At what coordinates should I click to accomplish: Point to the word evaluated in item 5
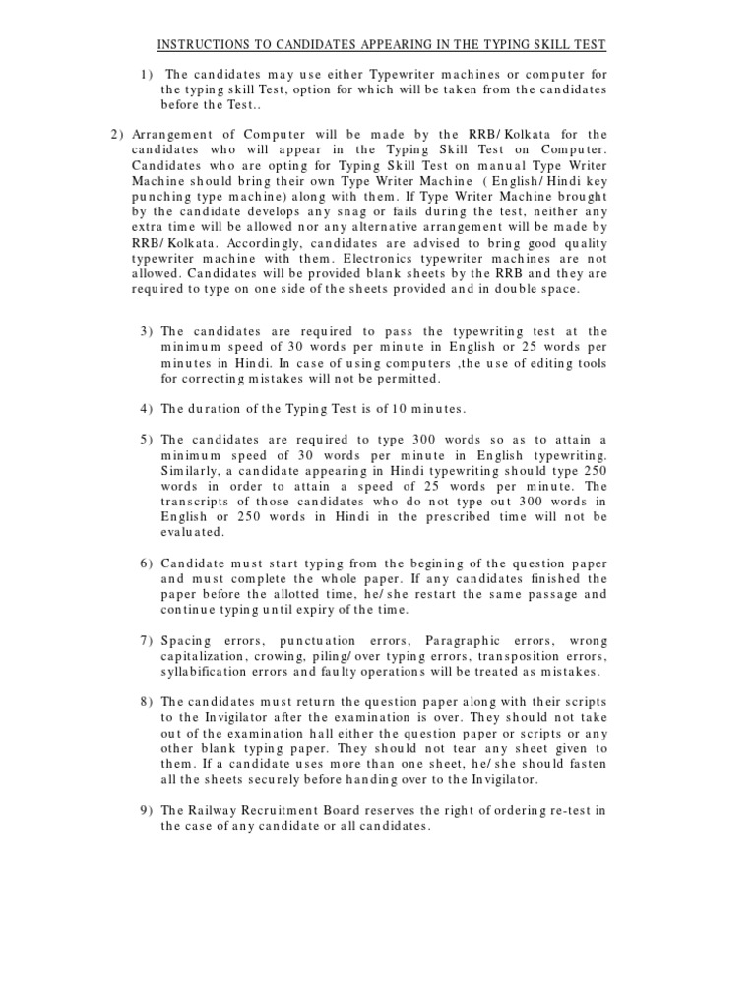click(x=193, y=531)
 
